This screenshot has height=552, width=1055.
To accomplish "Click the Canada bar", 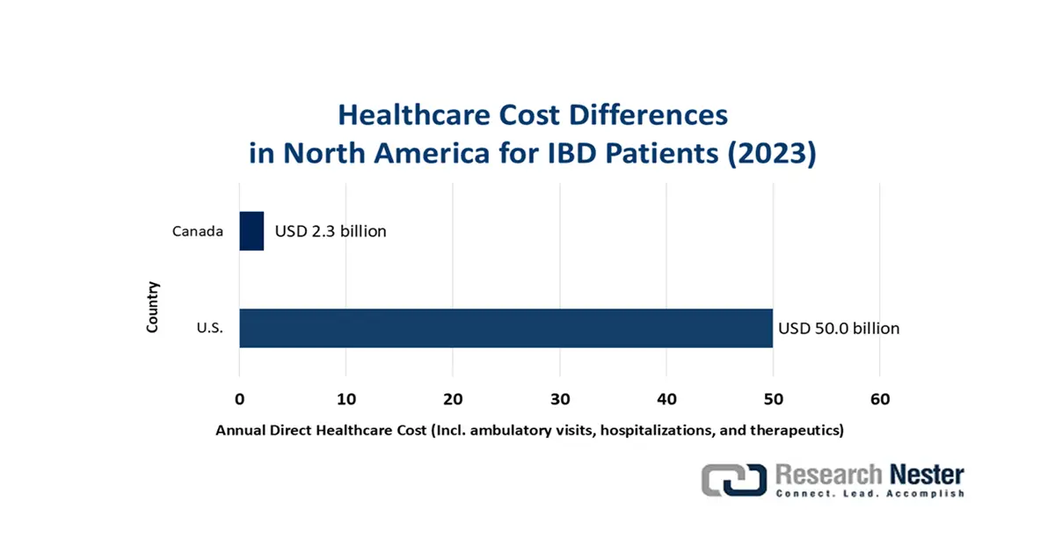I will coord(251,231).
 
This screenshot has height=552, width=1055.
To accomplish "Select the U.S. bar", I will coord(506,328).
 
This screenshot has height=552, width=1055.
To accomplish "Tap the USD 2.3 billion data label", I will coord(331,232).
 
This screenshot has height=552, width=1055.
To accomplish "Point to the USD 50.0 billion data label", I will coord(839,329).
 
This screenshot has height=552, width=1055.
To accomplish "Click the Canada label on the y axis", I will coord(198,232).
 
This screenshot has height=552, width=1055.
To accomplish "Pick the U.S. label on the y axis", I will coord(209,329).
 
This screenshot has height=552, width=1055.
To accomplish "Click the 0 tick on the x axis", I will coord(239,400).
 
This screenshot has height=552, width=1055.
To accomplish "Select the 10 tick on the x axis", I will coord(346,400).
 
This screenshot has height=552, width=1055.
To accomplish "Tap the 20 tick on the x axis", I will coord(453,400).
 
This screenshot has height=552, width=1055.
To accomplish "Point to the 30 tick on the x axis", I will coord(559,400).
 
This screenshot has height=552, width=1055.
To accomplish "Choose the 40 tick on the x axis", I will coord(666,400).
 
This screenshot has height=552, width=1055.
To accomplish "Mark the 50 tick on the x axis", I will coord(773,400).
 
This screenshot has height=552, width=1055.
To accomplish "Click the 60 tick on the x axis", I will coord(879,400).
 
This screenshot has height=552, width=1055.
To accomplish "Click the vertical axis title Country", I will coord(153,306).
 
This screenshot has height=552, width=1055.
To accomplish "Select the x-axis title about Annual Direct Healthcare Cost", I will coord(529,431).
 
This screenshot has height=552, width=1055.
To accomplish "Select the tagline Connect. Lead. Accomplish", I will coord(869,494).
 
